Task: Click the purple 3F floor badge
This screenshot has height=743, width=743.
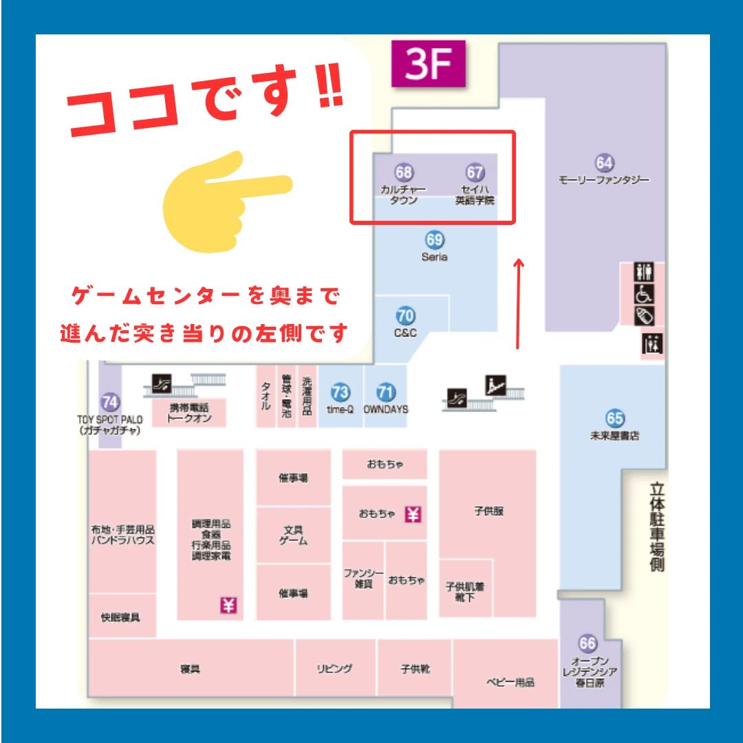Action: (x=429, y=64)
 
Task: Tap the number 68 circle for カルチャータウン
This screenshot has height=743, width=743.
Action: (x=404, y=172)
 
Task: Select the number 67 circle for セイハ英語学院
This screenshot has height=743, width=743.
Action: (x=475, y=172)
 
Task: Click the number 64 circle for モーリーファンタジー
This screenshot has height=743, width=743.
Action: (x=604, y=163)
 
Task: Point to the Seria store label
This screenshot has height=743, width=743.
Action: (x=434, y=257)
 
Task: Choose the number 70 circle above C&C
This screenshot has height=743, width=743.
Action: (x=406, y=316)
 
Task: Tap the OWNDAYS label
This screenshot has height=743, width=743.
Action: (x=386, y=409)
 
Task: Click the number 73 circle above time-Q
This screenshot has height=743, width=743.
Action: (x=340, y=393)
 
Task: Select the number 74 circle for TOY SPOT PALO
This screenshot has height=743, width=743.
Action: (x=109, y=402)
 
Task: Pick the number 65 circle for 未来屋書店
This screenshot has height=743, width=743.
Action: (x=615, y=418)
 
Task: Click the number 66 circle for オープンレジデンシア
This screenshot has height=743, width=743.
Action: (x=588, y=644)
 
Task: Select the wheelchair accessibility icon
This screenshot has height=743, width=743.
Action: (x=644, y=294)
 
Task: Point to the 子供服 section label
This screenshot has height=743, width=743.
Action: (x=489, y=511)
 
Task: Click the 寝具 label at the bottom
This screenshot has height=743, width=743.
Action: (x=190, y=669)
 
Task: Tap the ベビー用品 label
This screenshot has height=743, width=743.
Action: (x=510, y=682)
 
